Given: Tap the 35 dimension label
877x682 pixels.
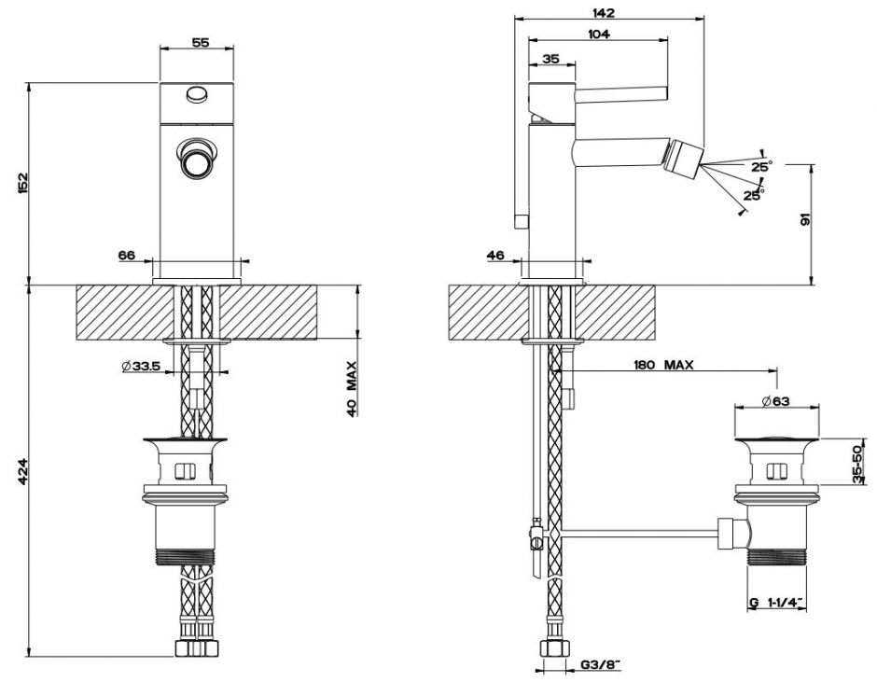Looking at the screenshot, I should point(550,59).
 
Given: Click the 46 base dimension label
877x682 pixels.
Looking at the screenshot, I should point(495,254).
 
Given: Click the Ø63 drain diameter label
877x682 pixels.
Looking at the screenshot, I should point(776,401).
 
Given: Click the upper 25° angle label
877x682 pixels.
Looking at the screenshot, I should point(761,166).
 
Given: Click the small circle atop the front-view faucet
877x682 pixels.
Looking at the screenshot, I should point(196,93).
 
